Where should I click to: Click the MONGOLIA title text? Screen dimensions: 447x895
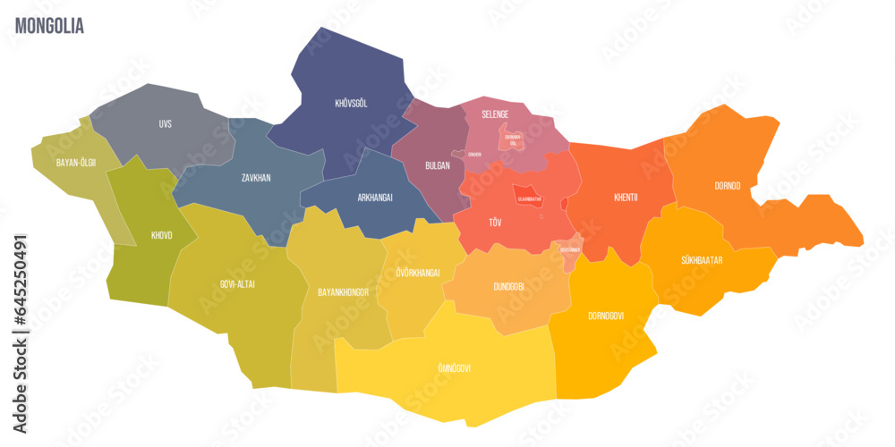point(50,26)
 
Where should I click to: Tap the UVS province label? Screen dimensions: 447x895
point(165,123)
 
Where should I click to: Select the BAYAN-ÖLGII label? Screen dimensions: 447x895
point(75,163)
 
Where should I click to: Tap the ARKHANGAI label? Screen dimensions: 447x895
point(374,197)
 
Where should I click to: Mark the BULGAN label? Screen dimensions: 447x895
point(438,166)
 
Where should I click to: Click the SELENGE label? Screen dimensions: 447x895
point(495,114)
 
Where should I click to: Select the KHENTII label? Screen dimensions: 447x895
point(626,198)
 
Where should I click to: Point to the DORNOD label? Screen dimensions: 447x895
point(727,186)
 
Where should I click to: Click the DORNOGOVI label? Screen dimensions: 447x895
point(606,316)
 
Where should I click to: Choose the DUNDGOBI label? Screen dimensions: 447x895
point(508,287)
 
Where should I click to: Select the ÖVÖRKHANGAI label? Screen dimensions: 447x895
point(418,273)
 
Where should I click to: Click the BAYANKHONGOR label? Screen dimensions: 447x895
point(345,292)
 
